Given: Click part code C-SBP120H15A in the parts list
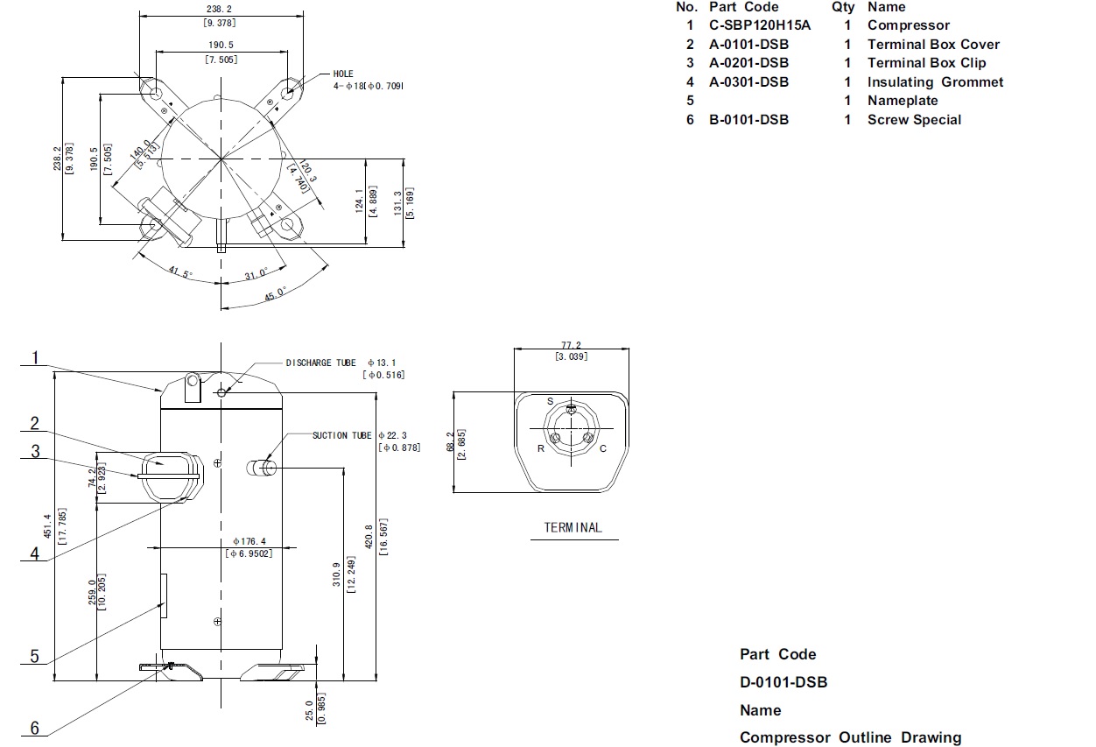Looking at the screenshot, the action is [x=760, y=25].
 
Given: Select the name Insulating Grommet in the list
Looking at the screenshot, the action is [x=935, y=82].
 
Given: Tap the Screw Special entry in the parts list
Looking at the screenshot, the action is [x=914, y=120].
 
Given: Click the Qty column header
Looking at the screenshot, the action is [x=843, y=7].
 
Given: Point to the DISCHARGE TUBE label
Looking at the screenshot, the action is [x=320, y=363].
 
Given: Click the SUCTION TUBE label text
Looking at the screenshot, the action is [x=342, y=435].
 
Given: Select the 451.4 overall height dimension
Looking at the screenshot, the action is [x=47, y=526].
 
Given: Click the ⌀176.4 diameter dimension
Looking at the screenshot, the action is [x=249, y=541].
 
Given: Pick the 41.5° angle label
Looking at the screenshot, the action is [x=180, y=272].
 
